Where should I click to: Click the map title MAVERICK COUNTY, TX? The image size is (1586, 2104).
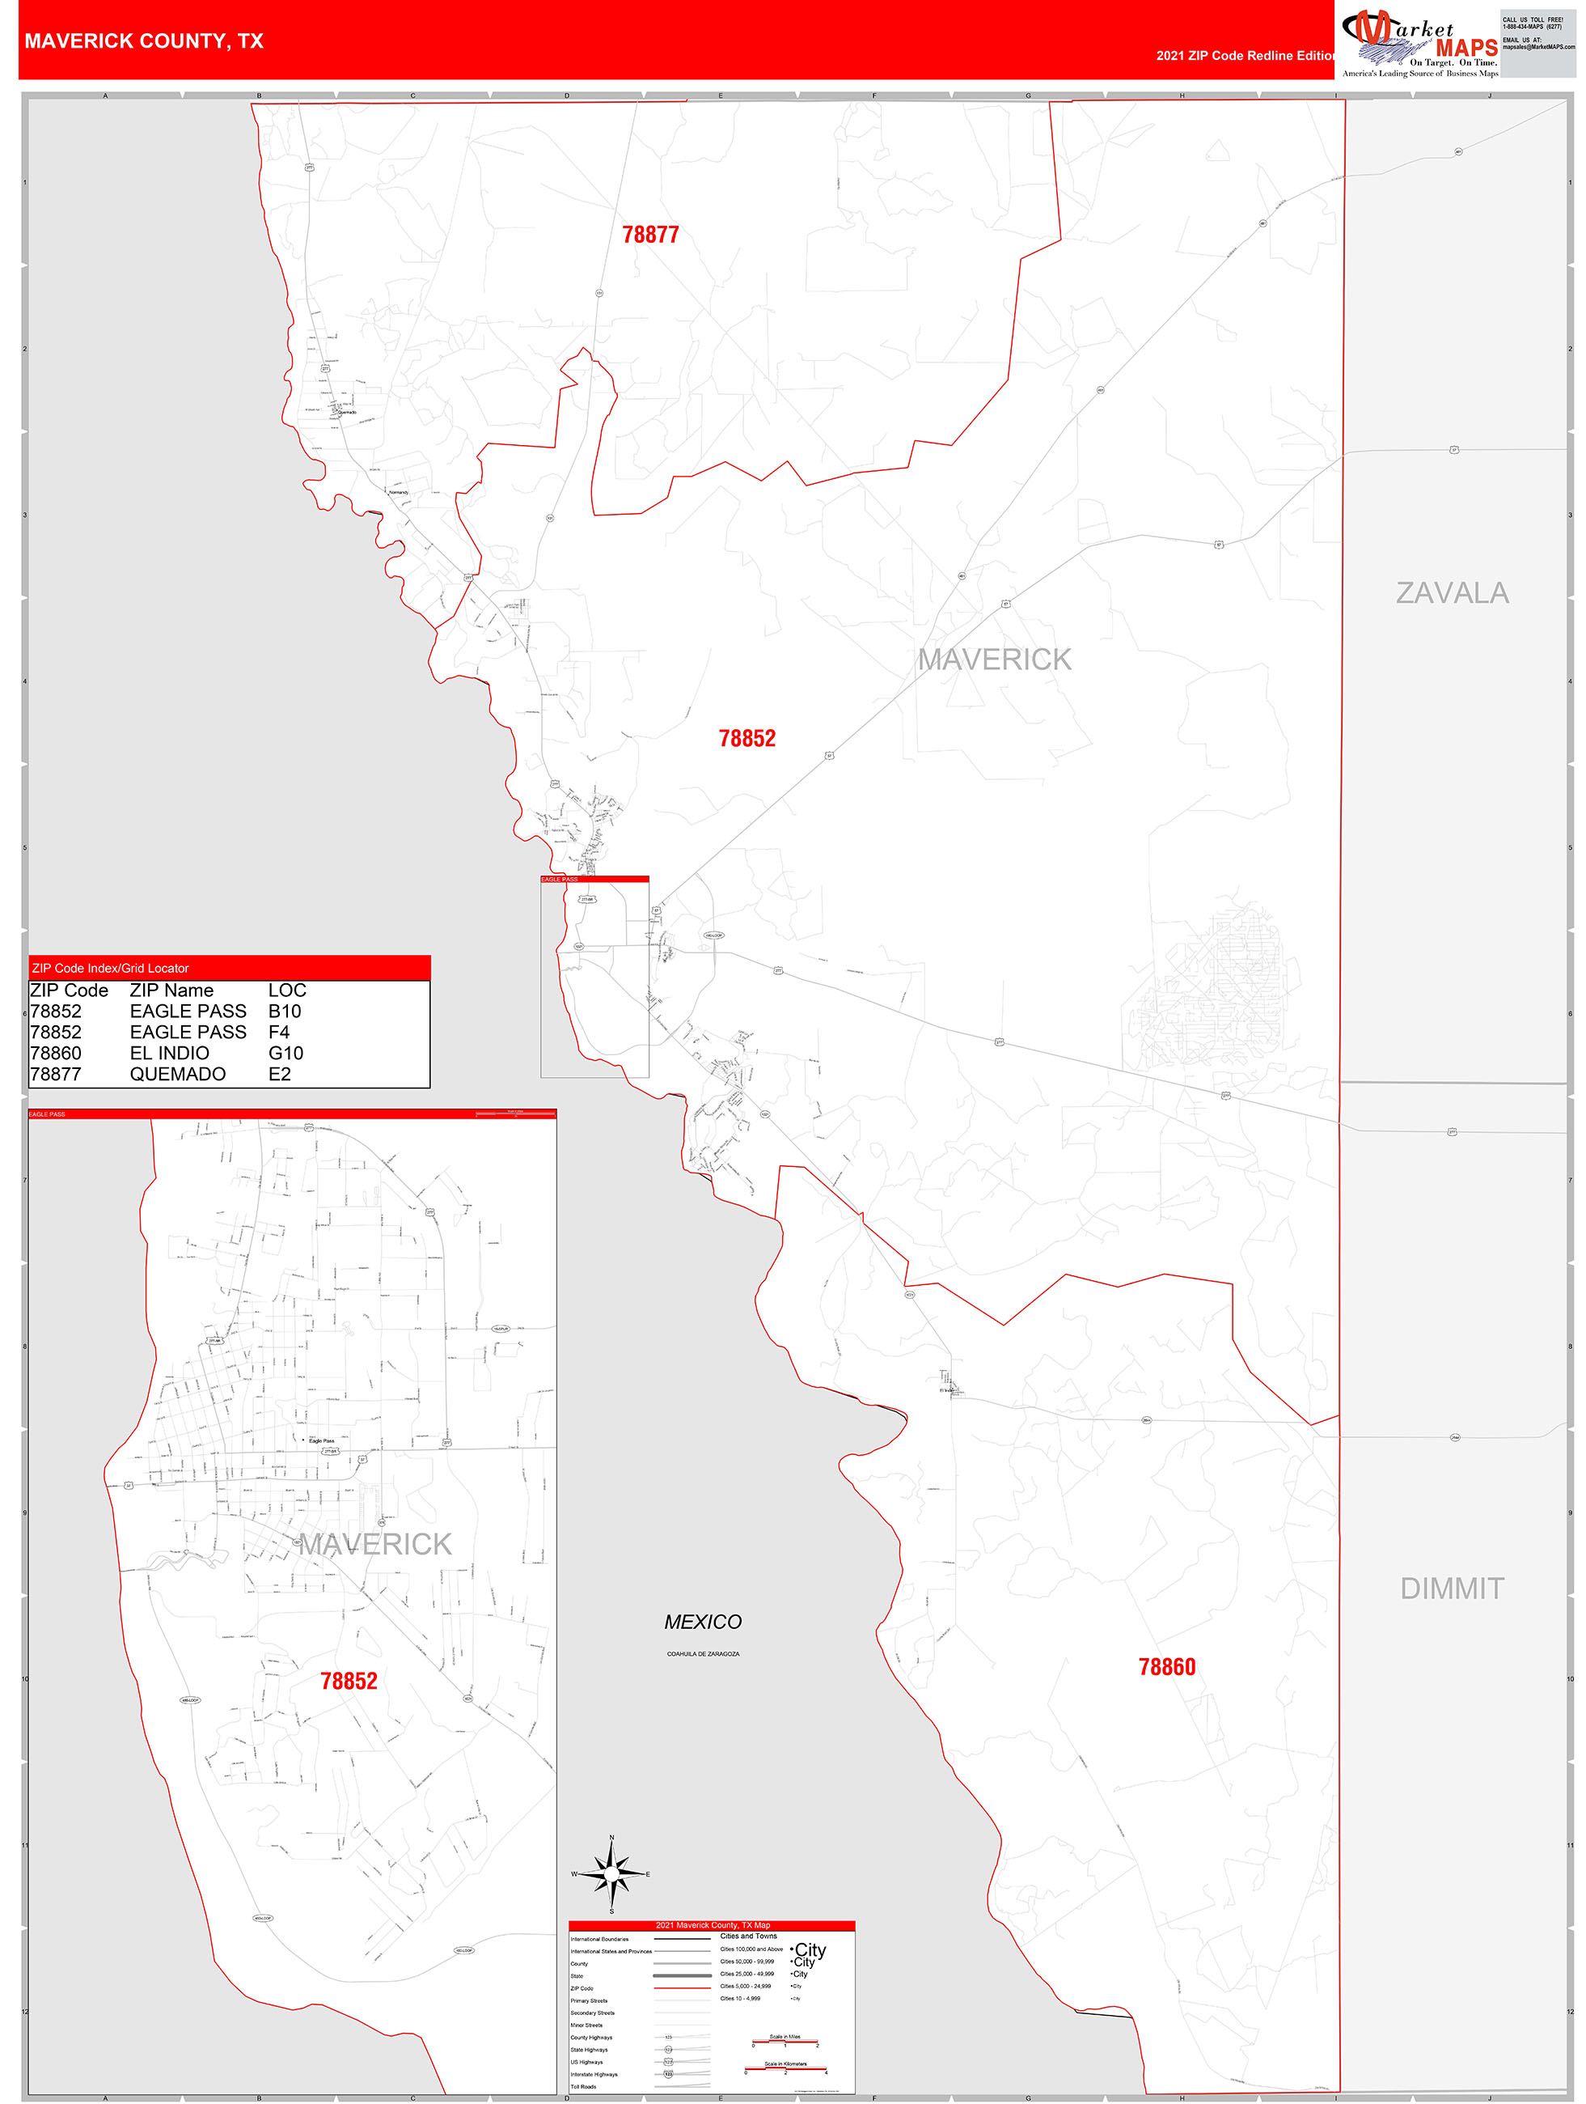144,41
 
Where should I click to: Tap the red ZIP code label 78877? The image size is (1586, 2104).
650,235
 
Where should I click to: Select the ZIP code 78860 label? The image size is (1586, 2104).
1167,1667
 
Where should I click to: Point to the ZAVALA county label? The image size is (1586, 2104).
1452,593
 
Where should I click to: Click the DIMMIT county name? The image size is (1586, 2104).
1452,1589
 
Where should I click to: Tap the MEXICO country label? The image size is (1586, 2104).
703,1622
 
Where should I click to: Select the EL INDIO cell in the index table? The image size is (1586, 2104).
169,1053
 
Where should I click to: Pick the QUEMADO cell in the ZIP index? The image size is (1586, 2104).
178,1074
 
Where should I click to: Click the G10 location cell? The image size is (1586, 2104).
285,1053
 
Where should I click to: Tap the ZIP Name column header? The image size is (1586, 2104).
171,990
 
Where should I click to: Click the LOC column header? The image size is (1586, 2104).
287,990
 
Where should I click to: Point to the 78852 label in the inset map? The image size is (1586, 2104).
349,1682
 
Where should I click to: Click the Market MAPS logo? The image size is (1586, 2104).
1419,44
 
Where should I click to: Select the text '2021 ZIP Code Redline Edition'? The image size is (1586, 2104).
1246,56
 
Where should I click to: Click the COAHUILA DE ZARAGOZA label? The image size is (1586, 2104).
703,1654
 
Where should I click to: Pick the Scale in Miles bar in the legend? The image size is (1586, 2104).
785,2040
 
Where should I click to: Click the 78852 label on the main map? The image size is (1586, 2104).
747,739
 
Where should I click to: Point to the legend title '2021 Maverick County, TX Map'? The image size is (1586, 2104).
713,1925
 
